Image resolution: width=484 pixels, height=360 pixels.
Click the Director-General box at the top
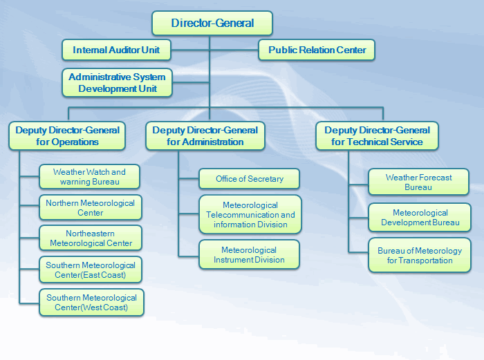(x=212, y=23)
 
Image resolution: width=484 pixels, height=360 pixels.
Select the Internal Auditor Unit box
(x=115, y=50)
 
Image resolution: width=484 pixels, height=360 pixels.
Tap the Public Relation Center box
(x=317, y=50)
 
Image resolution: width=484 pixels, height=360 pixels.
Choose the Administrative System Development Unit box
(x=117, y=83)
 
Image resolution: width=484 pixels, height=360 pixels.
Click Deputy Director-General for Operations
(x=67, y=135)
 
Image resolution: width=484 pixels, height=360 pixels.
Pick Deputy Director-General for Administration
(x=205, y=135)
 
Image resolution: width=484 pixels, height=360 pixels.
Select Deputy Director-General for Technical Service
(x=377, y=135)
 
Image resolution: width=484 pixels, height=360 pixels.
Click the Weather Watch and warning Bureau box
(x=89, y=177)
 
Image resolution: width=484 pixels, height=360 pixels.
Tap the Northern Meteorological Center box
(x=91, y=207)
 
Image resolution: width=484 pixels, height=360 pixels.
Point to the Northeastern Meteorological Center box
(x=91, y=238)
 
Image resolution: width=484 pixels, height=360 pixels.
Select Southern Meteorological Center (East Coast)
(x=91, y=269)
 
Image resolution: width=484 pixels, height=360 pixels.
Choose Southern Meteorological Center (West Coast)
(x=91, y=302)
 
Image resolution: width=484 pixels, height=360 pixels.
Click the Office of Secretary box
(x=250, y=178)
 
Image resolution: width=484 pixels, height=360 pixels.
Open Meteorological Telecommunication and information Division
(x=250, y=214)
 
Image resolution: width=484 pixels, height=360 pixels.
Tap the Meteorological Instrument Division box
(x=249, y=254)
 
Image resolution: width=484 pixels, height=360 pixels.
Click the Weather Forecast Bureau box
(x=418, y=182)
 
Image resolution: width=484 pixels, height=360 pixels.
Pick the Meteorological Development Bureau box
(x=420, y=218)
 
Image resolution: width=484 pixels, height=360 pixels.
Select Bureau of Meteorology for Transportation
(x=420, y=255)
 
